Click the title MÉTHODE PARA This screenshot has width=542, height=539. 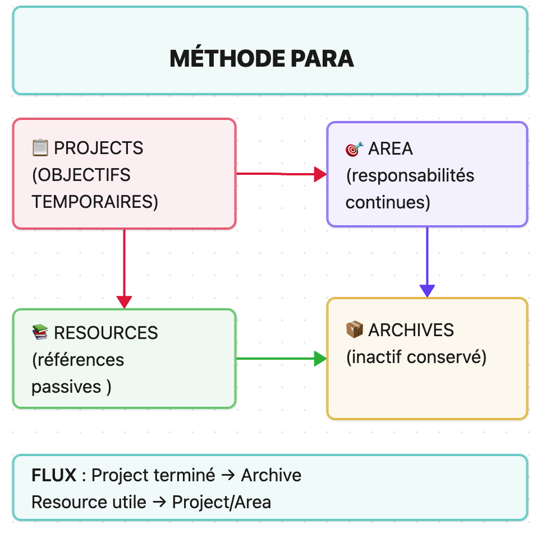[x=261, y=59]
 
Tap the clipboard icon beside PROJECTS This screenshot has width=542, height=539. [x=40, y=148]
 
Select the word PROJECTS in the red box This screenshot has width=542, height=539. [x=99, y=148]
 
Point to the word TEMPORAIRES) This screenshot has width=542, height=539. [x=95, y=201]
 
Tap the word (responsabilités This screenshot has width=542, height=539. [x=410, y=175]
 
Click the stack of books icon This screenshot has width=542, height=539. [x=40, y=333]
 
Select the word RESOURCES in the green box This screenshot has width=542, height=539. [x=106, y=333]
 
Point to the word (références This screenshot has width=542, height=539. [x=78, y=359]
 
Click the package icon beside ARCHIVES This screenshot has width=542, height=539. [x=354, y=330]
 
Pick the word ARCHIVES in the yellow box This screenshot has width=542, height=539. [x=411, y=330]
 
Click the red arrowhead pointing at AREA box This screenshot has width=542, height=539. [x=320, y=174]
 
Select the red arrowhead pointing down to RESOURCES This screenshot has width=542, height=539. [x=124, y=302]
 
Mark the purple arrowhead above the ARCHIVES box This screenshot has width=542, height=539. [x=427, y=291]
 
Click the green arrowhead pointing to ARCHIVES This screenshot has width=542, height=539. [x=320, y=359]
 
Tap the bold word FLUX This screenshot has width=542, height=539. [x=54, y=475]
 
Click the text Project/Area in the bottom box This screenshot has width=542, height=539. [x=222, y=502]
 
